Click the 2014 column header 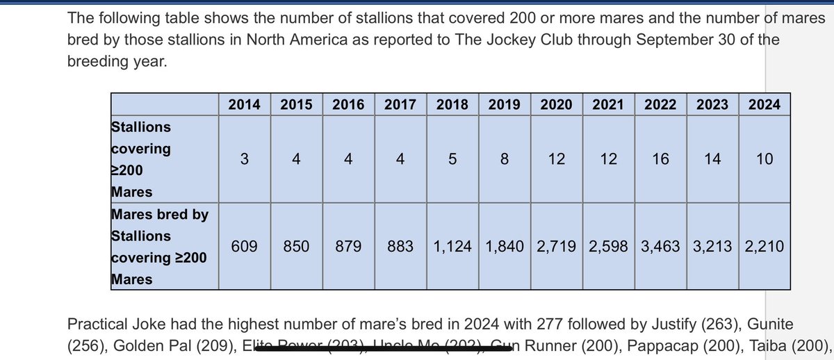coord(244,104)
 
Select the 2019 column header coord(505,104)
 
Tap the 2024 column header coord(764,104)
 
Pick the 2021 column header coord(609,104)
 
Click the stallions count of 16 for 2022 coord(661,159)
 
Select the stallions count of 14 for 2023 coord(712,159)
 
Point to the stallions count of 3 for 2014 coord(244,159)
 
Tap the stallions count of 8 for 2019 coord(505,159)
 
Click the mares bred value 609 coord(244,246)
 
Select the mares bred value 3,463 coord(661,246)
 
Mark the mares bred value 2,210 coord(764,246)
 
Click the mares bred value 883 coord(400,246)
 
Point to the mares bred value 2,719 coord(557,246)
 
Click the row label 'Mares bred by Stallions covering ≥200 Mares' coord(160,247)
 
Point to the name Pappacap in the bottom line coord(648,345)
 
